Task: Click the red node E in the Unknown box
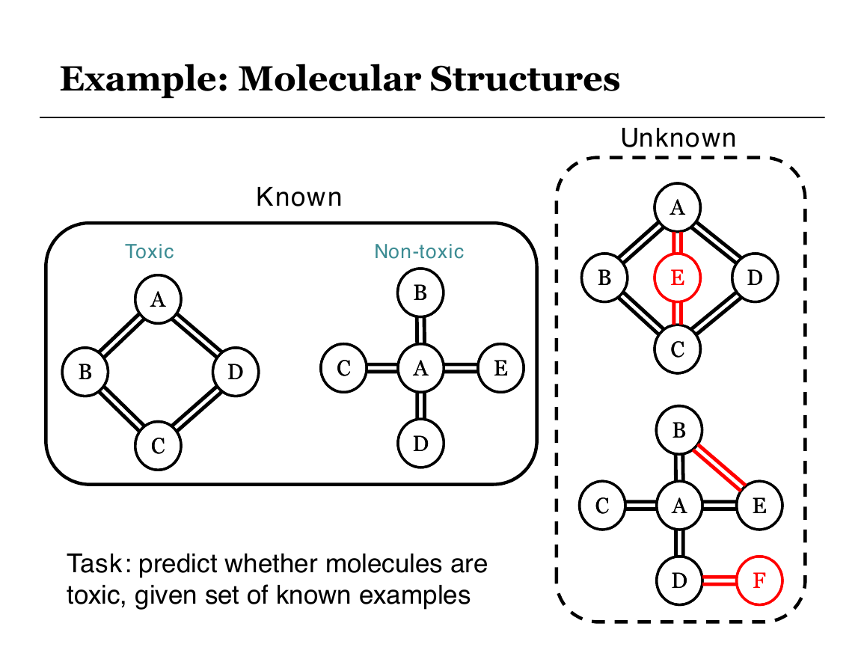[x=677, y=278]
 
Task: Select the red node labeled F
[x=759, y=580]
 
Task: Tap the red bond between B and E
[x=719, y=467]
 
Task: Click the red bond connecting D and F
[x=719, y=580]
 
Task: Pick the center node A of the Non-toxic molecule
[x=420, y=367]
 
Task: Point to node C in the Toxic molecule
[x=158, y=445]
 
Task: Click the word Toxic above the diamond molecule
[x=150, y=251]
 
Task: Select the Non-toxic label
[x=419, y=251]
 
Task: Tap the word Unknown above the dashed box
[x=678, y=138]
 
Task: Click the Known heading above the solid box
[x=299, y=197]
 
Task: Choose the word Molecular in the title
[x=328, y=79]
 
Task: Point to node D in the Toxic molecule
[x=236, y=372]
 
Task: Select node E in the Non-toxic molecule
[x=500, y=367]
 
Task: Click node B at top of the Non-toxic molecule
[x=420, y=292]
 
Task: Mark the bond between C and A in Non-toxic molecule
[x=382, y=367]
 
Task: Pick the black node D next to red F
[x=679, y=580]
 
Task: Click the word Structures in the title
[x=525, y=79]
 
